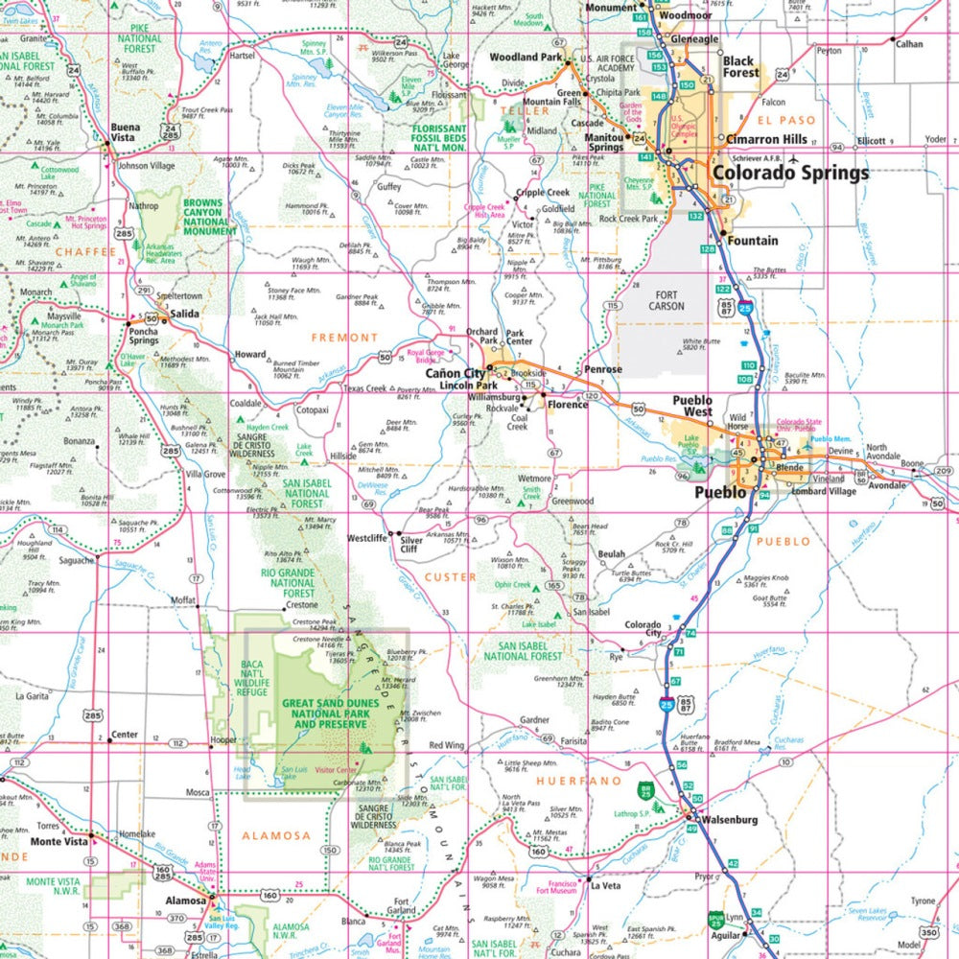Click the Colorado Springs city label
tap(789, 174)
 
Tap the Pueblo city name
tap(719, 492)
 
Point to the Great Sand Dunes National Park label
tap(324, 713)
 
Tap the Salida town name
tap(184, 315)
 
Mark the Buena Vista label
tap(125, 131)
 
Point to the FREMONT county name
tap(344, 338)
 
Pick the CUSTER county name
tap(450, 576)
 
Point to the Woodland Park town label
tap(526, 58)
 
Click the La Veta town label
tap(606, 887)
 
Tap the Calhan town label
tap(907, 44)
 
